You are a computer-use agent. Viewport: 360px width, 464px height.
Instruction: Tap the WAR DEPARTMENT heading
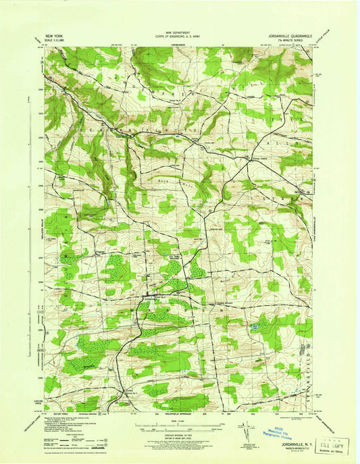[x=180, y=32]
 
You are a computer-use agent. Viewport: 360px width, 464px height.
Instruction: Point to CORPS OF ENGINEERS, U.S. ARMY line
[x=180, y=36]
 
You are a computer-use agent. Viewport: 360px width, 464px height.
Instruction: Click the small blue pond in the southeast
[x=255, y=328]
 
